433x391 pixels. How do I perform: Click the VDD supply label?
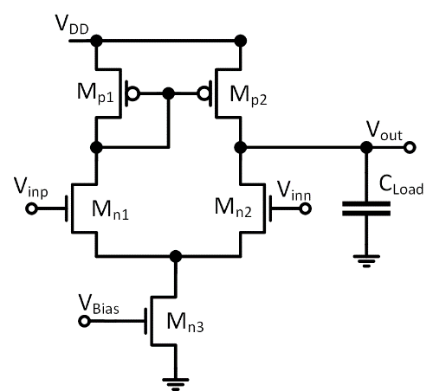72,24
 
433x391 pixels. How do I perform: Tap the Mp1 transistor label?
95,93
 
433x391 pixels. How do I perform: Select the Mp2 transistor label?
249,95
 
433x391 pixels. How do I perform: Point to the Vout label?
385,131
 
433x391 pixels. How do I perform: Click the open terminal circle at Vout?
410,147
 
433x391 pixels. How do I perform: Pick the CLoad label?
401,185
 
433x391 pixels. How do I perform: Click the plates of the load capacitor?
366,208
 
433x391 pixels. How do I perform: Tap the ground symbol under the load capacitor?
366,261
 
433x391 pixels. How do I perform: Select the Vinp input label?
31,188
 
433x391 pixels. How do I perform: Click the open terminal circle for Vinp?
31,208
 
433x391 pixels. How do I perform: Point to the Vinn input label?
294,190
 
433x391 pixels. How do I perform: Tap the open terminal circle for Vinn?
306,208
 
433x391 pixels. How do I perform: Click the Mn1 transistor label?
110,209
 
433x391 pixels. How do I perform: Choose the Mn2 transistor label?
233,208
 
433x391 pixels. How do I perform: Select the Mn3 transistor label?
185,323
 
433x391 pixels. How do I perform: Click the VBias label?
99,304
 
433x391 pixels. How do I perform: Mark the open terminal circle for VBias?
84,321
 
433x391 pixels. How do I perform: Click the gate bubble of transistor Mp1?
133,93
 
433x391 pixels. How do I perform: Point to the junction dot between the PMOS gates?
169,93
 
